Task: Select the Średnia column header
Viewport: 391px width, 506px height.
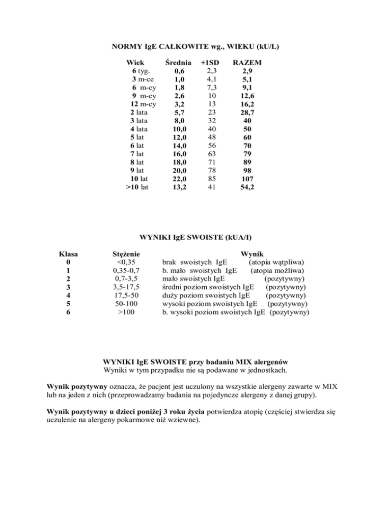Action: pyautogui.click(x=179, y=63)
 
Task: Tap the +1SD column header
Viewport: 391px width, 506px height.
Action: pyautogui.click(x=209, y=63)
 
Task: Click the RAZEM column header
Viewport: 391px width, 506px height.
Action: pyautogui.click(x=246, y=63)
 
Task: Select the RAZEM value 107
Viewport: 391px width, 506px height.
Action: pyautogui.click(x=247, y=179)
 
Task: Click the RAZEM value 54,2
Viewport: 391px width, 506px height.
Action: pyautogui.click(x=247, y=187)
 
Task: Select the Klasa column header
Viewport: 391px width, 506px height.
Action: pyautogui.click(x=69, y=254)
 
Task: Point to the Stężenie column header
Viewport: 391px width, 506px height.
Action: pyautogui.click(x=126, y=254)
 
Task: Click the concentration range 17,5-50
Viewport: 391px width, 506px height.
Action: pyautogui.click(x=126, y=295)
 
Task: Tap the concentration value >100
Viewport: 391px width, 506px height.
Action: pyautogui.click(x=126, y=312)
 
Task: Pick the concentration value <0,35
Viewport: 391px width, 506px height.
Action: pyautogui.click(x=126, y=262)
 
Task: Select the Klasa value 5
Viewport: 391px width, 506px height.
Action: pyautogui.click(x=69, y=303)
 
